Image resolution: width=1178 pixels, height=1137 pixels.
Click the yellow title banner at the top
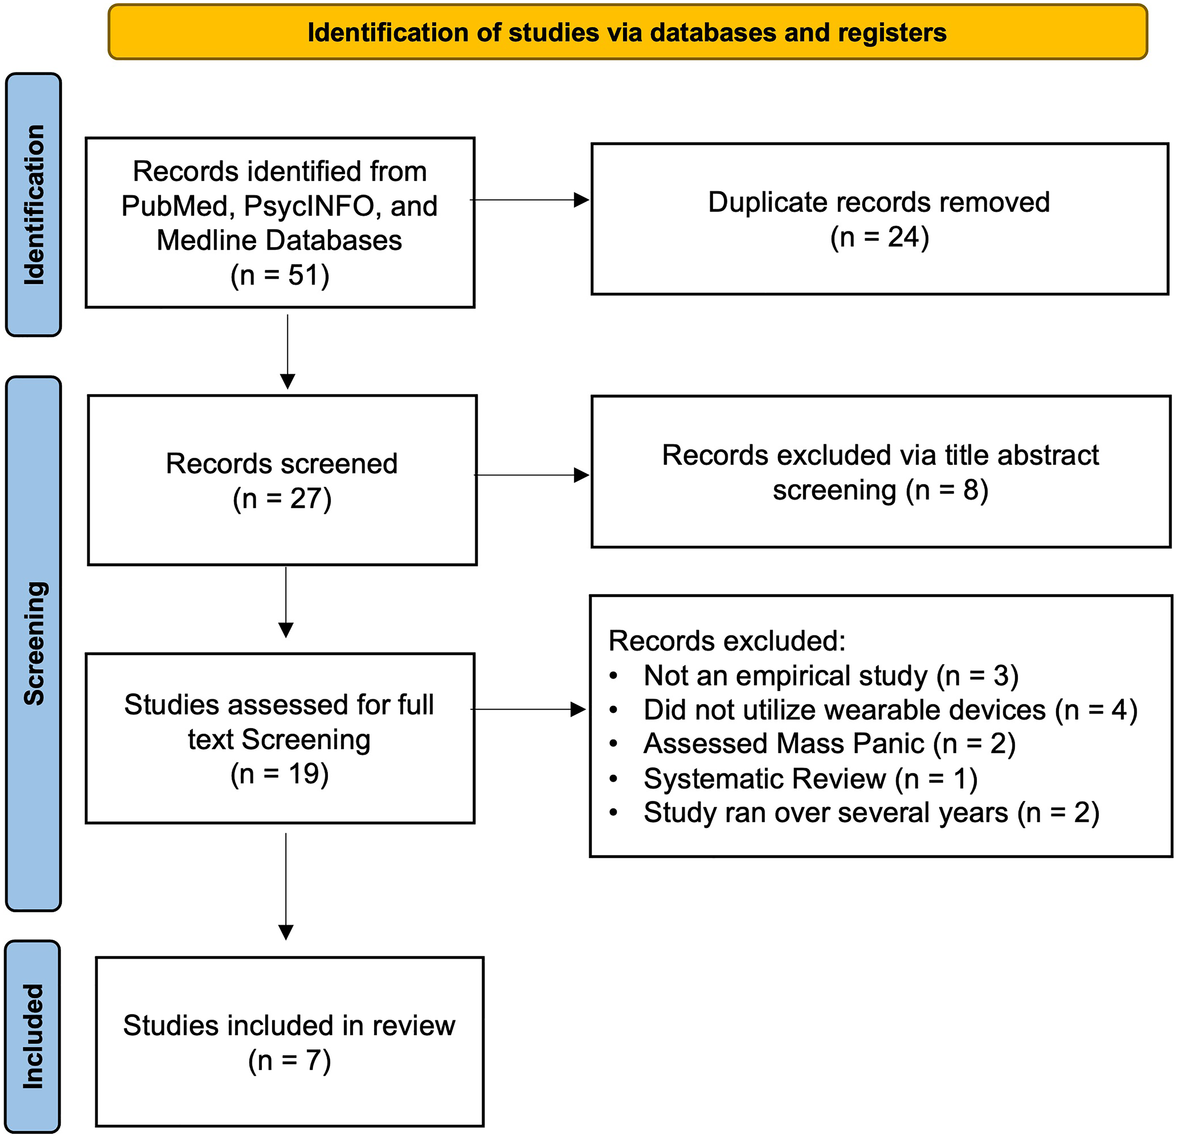(628, 32)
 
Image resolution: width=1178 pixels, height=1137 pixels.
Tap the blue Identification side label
(34, 205)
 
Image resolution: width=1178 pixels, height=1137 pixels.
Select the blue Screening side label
(34, 643)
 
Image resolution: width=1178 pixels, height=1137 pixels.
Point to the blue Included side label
(33, 1037)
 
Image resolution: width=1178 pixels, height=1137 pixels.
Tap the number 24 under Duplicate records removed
(904, 237)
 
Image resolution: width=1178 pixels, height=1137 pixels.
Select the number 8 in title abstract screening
(971, 490)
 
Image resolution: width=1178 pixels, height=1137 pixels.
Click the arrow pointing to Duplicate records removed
(529, 200)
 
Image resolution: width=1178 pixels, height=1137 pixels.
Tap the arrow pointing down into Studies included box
(286, 886)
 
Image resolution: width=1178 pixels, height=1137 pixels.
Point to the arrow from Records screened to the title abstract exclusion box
(532, 475)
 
